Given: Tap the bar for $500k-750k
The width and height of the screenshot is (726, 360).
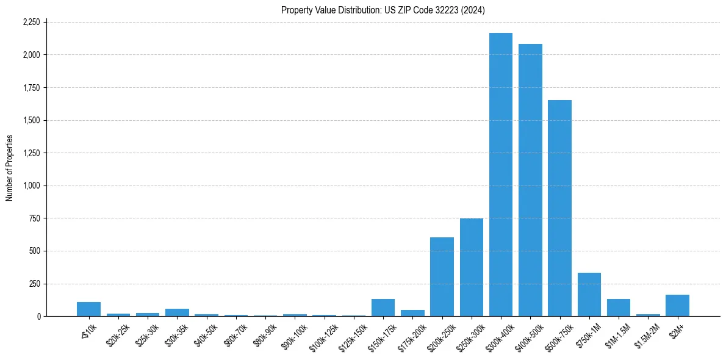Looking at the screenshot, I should [x=559, y=208].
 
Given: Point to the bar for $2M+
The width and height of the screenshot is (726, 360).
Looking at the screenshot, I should [x=677, y=306].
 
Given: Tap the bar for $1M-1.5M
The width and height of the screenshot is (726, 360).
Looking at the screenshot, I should [x=618, y=308].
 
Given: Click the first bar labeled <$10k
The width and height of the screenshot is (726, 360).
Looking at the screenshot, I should [x=88, y=309].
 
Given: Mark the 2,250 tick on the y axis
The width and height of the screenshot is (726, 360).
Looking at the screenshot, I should [x=31, y=22].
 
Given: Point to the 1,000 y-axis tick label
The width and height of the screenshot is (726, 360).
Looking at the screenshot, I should [x=31, y=185].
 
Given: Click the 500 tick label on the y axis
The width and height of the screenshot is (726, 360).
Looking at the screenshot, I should [x=35, y=251].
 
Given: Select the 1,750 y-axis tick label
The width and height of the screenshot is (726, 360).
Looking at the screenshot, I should [x=31, y=88].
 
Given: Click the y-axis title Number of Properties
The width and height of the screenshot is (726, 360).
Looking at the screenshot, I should [x=9, y=168].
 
